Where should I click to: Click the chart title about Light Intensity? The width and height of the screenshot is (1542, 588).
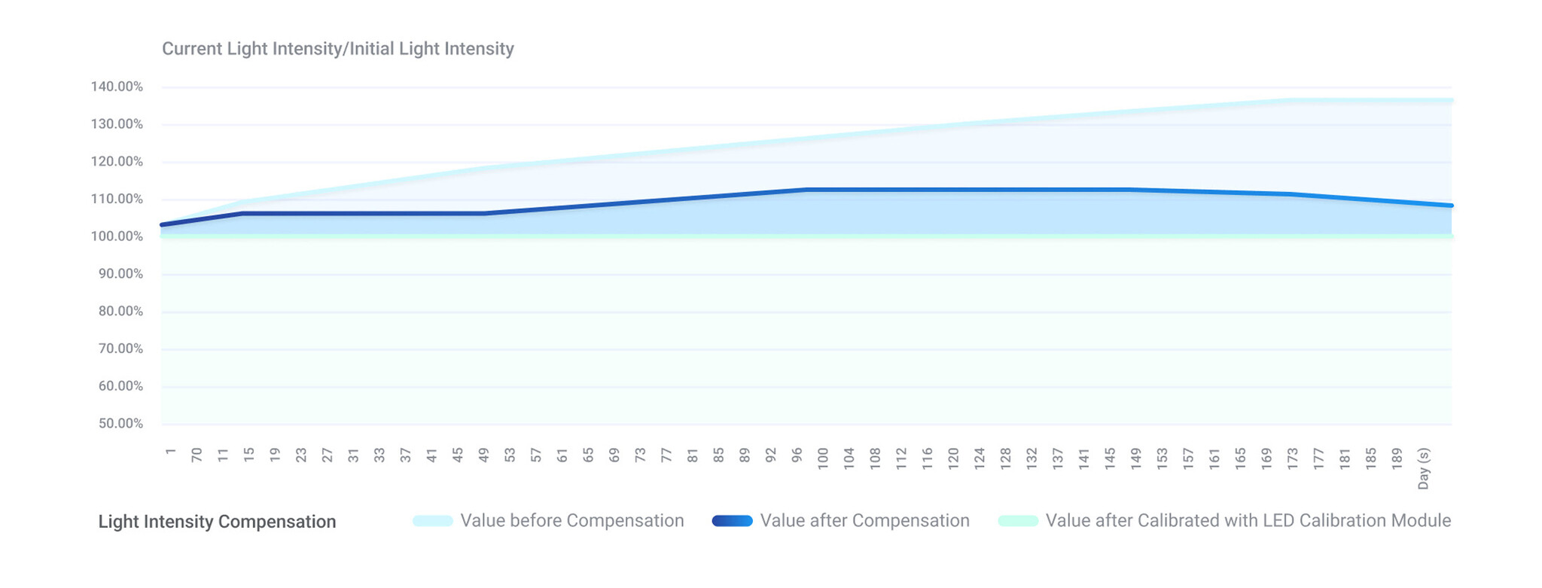[338, 49]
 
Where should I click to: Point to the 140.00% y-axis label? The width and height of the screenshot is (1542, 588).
[117, 87]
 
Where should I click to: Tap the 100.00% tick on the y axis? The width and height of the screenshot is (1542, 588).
[117, 236]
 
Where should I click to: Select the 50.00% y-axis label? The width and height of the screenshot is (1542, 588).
[120, 423]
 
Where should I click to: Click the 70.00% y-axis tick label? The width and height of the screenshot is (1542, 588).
[120, 349]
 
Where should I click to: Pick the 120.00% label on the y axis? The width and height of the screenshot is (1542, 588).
[117, 162]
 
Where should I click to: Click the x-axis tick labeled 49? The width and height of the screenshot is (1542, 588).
[483, 455]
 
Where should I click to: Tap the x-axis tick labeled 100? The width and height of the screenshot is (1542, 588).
[823, 459]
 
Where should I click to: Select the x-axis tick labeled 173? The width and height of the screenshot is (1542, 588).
[1293, 459]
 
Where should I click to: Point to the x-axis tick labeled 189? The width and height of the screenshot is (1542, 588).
[1397, 459]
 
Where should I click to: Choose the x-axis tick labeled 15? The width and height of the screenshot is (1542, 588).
[248, 455]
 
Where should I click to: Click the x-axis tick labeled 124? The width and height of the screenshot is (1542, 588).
[980, 459]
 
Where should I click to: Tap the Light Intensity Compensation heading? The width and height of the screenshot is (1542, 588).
[218, 522]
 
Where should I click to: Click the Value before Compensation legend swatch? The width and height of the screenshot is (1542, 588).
[433, 521]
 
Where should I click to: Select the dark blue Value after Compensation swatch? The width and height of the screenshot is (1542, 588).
[733, 521]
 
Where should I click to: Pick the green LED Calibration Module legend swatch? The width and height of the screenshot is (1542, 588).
[1018, 521]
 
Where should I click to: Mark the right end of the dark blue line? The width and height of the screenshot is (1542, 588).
[1452, 206]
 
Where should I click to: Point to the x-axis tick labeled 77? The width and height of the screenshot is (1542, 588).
[666, 455]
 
